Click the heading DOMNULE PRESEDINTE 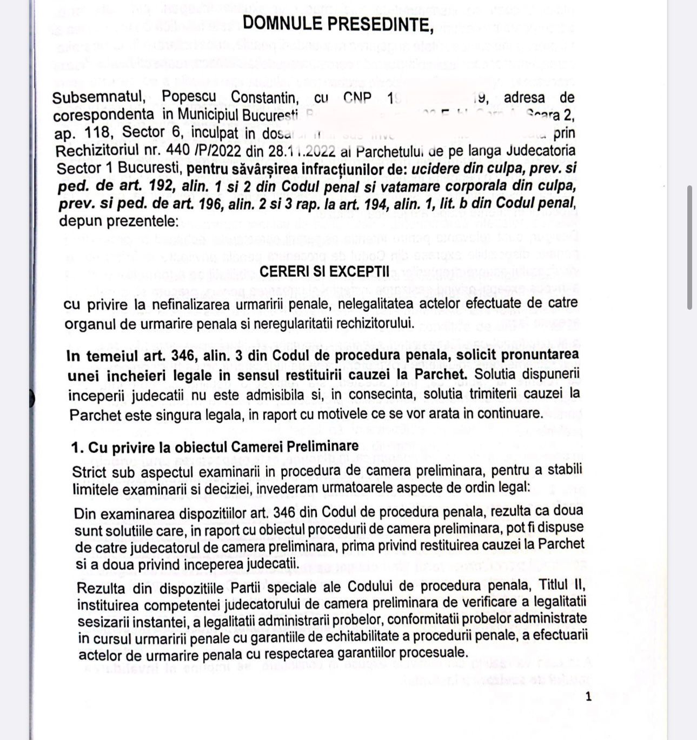point(338,24)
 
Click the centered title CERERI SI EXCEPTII point(323,271)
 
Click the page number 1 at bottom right point(588,696)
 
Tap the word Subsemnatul point(98,97)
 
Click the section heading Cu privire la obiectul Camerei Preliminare point(223,447)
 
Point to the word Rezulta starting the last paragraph point(101,588)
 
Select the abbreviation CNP point(357,97)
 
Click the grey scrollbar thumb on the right point(689,248)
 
